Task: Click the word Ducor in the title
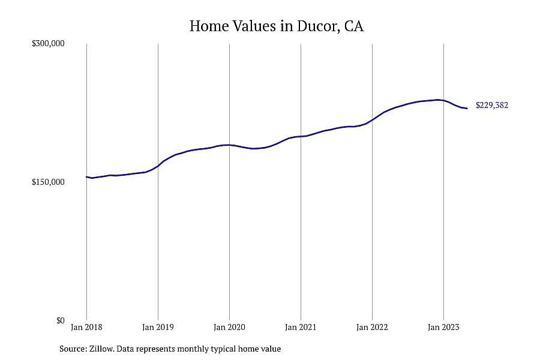pos(318,26)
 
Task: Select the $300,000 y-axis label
pos(48,43)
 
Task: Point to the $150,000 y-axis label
pos(48,182)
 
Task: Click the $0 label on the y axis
pos(60,321)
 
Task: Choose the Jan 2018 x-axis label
pos(86,327)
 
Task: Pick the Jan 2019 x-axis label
pos(158,327)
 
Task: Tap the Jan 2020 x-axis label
pos(229,327)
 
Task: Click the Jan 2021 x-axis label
pos(301,327)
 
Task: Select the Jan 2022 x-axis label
pos(372,327)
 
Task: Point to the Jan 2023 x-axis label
pos(443,327)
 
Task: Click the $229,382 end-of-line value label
pos(492,105)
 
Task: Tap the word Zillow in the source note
pos(102,349)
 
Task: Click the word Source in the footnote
pos(73,349)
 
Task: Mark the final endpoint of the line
pos(467,109)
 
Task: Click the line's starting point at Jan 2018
pos(86,177)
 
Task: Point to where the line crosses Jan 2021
pos(301,136)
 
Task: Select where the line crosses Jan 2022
pos(372,120)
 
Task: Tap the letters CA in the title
pos(353,26)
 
